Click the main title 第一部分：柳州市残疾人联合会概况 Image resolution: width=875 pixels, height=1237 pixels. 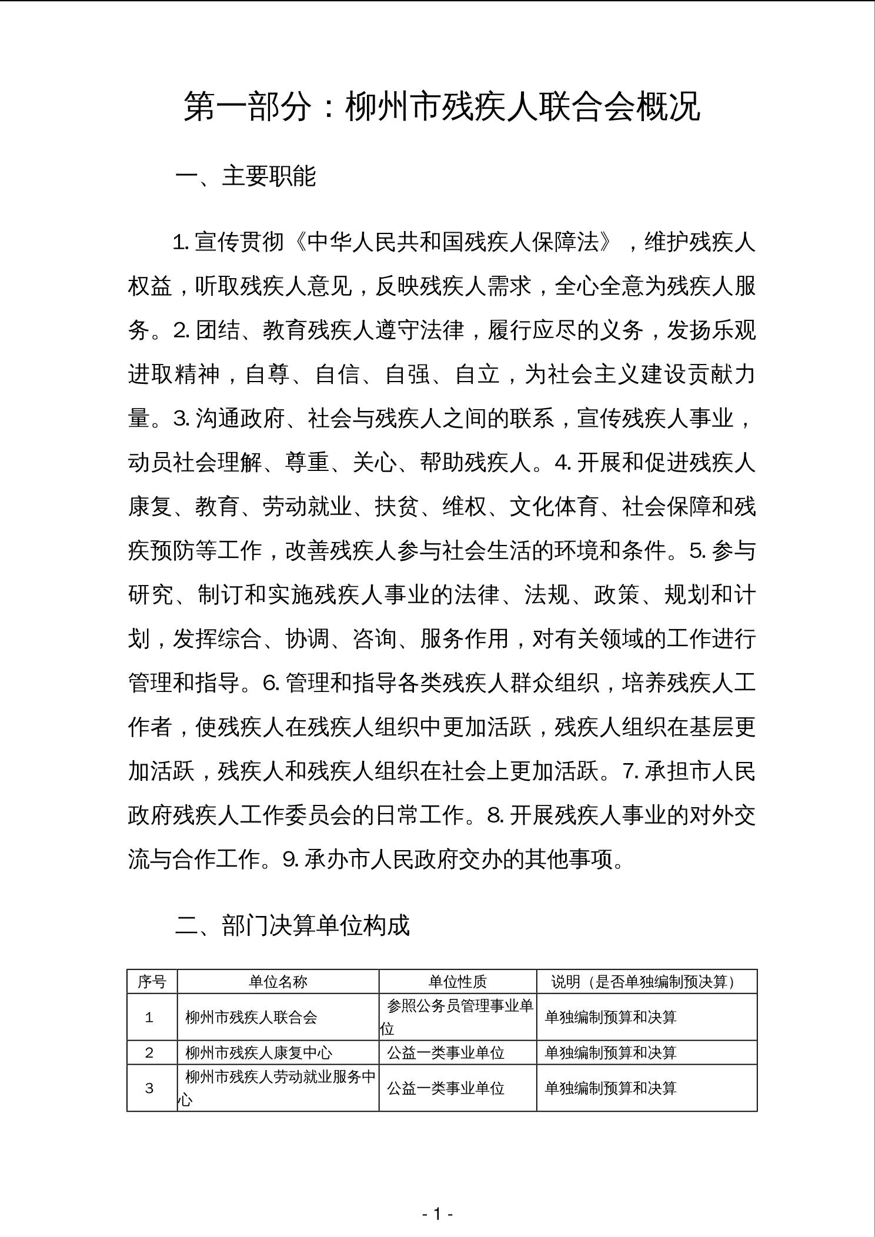[x=442, y=106]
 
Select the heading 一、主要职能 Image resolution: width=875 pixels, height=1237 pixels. [x=245, y=176]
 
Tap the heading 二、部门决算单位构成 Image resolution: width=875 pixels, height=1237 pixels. [x=292, y=925]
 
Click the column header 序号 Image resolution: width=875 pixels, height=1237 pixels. [x=152, y=981]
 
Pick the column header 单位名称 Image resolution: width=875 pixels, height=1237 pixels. [x=278, y=981]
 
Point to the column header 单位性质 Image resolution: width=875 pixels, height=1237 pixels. [x=457, y=981]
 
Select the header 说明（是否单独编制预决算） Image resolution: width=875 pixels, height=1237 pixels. [x=646, y=981]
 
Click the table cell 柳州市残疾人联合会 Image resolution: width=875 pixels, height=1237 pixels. [x=251, y=1017]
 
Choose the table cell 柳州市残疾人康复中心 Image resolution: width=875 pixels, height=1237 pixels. [x=259, y=1052]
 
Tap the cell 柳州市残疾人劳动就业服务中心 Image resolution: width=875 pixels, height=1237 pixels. [x=278, y=1088]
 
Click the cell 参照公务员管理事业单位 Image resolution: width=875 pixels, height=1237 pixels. [x=457, y=1017]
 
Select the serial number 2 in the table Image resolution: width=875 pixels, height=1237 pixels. [x=149, y=1052]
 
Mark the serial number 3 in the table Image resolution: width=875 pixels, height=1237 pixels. [x=149, y=1088]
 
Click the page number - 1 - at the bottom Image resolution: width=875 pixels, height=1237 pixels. [x=437, y=1214]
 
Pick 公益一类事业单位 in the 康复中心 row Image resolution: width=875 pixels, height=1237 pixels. [x=446, y=1052]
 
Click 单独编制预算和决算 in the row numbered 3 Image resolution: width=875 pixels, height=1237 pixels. [x=611, y=1088]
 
